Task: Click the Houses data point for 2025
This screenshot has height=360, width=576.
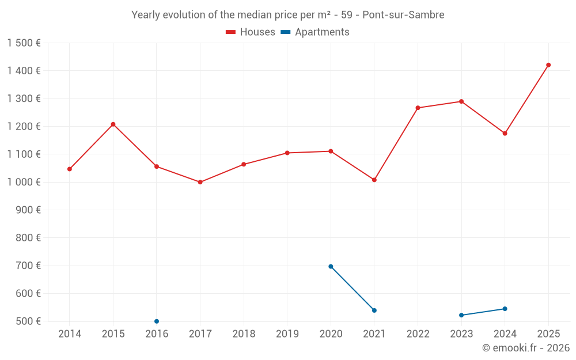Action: (548, 65)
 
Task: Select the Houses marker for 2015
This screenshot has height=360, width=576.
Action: (113, 124)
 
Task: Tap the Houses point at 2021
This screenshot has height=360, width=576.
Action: (374, 180)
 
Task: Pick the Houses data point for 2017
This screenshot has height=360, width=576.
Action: (200, 182)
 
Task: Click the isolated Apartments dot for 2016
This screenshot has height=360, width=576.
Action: (157, 321)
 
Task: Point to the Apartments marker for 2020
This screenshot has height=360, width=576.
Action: (331, 267)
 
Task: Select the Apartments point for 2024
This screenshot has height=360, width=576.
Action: (505, 309)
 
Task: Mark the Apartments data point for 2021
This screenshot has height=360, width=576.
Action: (374, 310)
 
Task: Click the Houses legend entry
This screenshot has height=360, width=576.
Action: (251, 32)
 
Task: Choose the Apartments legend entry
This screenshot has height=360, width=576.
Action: (316, 32)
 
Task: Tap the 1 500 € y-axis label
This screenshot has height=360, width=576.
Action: (24, 43)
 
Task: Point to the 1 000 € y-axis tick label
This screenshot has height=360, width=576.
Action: (24, 182)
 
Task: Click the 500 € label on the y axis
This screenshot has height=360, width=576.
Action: (28, 321)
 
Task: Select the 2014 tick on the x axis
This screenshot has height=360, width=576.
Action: (70, 334)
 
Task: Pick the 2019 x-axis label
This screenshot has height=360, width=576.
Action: (287, 334)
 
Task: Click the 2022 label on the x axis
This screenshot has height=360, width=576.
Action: (418, 334)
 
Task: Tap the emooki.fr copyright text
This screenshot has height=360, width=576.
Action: (525, 348)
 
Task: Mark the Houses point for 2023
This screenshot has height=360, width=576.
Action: (461, 101)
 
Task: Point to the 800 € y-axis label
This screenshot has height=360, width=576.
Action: (28, 238)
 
